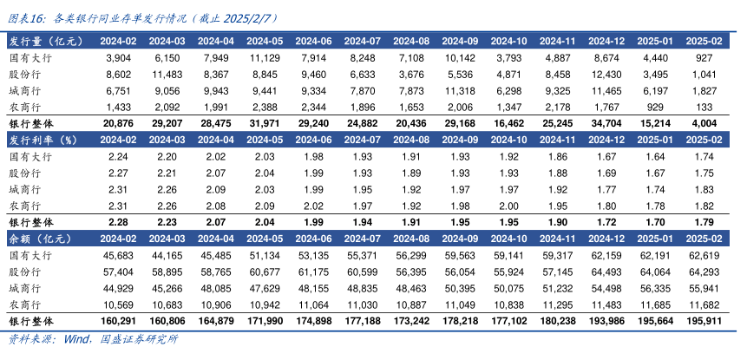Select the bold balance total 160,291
(x=117, y=320)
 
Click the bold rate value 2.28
(x=117, y=222)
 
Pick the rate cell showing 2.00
(x=508, y=206)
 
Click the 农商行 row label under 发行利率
(x=25, y=206)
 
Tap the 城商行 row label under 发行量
(x=25, y=90)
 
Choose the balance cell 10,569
(x=117, y=304)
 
